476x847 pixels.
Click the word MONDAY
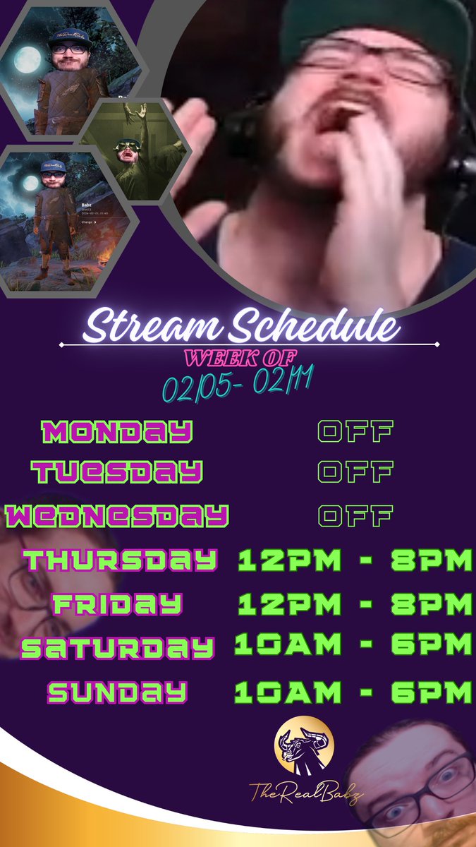point(116,431)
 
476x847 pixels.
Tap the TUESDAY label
point(117,471)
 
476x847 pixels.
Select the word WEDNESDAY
point(116,516)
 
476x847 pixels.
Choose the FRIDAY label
point(117,604)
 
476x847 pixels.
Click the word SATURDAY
point(117,647)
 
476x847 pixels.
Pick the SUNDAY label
point(117,692)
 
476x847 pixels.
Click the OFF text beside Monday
point(355,431)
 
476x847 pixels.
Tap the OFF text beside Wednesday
point(355,516)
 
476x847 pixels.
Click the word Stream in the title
point(150,328)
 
